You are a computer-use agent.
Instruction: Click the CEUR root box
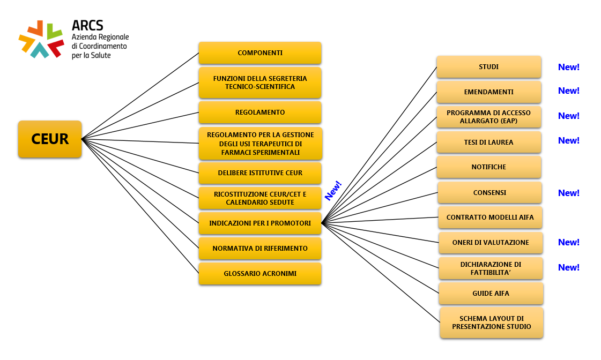[x=50, y=139]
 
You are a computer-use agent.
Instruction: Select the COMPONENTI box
[x=260, y=53]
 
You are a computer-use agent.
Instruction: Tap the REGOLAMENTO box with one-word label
[x=260, y=112]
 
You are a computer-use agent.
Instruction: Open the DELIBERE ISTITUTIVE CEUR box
[x=260, y=173]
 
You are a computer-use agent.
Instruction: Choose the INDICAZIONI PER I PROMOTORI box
[x=260, y=223]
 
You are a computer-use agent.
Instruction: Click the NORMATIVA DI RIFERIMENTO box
[x=260, y=249]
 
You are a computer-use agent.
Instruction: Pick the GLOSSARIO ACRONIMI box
[x=260, y=274]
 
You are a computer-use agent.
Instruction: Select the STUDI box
[x=488, y=67]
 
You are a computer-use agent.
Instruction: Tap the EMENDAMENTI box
[x=488, y=92]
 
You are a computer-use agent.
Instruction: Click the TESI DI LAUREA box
[x=488, y=142]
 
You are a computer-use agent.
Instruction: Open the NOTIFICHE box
[x=488, y=167]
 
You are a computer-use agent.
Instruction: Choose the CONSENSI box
[x=489, y=193]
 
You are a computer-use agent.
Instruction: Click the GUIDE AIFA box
[x=491, y=294]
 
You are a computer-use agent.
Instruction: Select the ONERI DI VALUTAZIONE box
[x=491, y=243]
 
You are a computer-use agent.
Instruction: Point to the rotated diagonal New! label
[x=333, y=191]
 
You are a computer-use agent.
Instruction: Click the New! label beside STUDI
[x=568, y=67]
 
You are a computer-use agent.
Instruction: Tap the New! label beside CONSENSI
[x=568, y=193]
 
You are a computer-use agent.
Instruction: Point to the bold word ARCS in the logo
[x=87, y=25]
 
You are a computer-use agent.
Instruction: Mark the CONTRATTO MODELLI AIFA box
[x=489, y=217]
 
